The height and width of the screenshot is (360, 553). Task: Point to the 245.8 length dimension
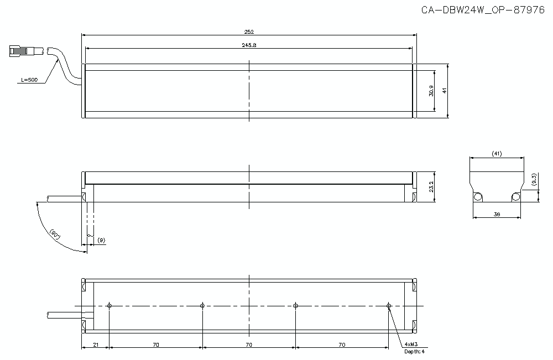[x=249, y=45]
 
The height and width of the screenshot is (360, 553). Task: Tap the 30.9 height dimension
[x=431, y=91]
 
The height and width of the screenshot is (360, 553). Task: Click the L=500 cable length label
[x=29, y=80]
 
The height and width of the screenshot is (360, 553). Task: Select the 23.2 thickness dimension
[x=431, y=187]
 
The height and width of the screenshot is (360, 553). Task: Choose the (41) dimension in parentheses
[x=496, y=154]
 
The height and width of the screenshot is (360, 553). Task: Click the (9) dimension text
[x=101, y=240]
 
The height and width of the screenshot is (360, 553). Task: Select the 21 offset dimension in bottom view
[x=96, y=345]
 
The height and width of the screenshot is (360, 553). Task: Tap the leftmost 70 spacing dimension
[x=156, y=345]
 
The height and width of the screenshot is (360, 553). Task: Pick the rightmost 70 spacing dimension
[x=342, y=345]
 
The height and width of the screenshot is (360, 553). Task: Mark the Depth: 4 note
[x=415, y=351]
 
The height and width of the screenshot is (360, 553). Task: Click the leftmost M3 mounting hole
[x=110, y=305]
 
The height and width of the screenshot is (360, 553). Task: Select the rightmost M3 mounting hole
[x=389, y=305]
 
